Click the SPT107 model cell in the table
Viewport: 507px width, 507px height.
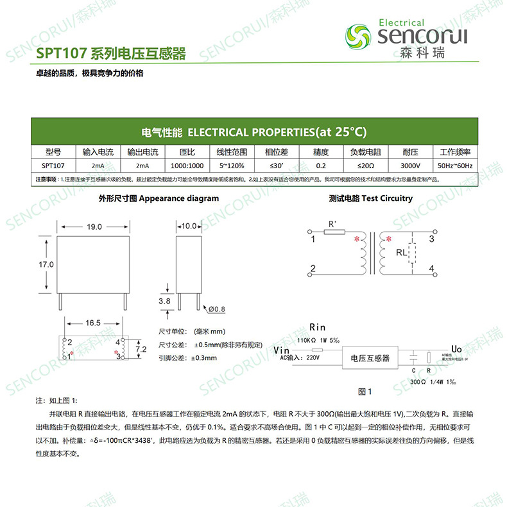coord(53,166)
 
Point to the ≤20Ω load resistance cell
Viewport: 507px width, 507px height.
coord(365,166)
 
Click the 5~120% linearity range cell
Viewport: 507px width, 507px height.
coord(231,166)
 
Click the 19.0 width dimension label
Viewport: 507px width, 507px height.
coord(94,227)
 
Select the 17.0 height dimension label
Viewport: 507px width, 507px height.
coord(46,264)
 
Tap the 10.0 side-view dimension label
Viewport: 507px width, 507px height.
coord(189,227)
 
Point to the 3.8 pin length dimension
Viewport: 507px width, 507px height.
coord(164,300)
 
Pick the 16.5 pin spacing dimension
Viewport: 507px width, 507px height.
coord(94,323)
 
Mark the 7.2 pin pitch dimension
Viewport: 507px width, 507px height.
coord(142,348)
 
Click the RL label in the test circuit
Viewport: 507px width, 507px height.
coord(401,253)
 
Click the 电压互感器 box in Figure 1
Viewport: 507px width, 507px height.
coord(368,357)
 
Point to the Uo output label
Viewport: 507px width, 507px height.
coord(456,348)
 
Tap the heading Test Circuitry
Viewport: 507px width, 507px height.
coord(370,199)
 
